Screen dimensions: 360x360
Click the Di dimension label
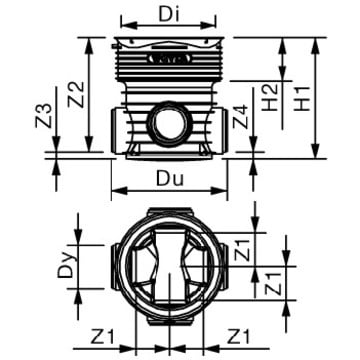[169, 14]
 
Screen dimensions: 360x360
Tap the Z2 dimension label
[76, 95]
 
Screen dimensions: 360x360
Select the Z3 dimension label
[44, 116]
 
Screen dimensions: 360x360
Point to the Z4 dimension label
[240, 117]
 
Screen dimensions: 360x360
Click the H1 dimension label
[302, 99]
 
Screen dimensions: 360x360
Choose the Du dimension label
[170, 180]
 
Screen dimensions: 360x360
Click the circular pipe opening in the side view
[170, 124]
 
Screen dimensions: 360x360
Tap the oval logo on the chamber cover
[169, 59]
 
